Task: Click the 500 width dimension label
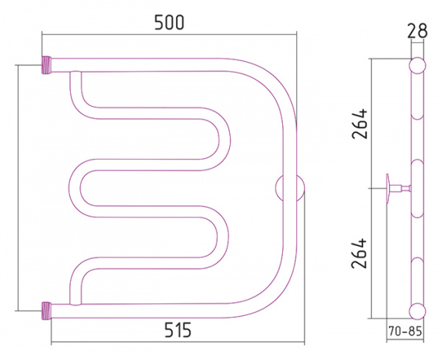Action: tap(169, 23)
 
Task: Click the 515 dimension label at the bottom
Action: tap(178, 330)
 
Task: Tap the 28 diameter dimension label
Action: tap(417, 31)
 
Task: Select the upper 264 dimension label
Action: tap(359, 124)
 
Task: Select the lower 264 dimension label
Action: tap(359, 253)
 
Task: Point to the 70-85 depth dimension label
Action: tap(405, 331)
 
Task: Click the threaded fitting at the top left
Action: tap(47, 65)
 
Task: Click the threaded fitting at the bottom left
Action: tap(47, 311)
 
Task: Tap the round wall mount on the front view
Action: tap(290, 188)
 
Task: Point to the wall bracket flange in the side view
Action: tap(388, 188)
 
